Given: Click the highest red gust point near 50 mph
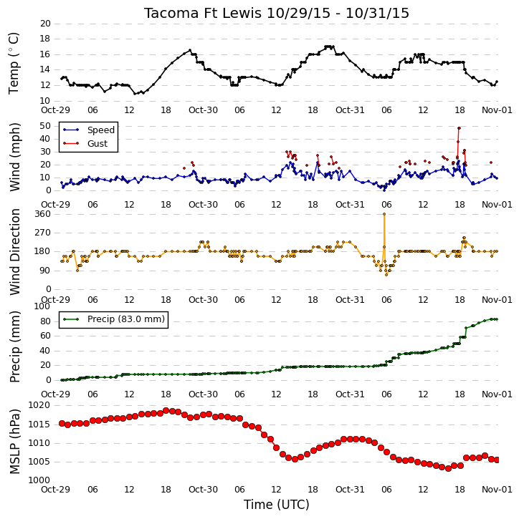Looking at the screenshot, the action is [x=459, y=128].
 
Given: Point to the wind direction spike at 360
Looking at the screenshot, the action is [x=384, y=214].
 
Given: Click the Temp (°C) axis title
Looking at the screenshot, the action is [x=14, y=63].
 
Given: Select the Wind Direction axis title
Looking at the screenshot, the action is [x=14, y=251].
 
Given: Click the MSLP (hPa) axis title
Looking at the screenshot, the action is [x=14, y=442].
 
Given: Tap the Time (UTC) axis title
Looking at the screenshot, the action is [x=277, y=505].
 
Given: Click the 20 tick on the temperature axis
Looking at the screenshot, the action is [x=45, y=24].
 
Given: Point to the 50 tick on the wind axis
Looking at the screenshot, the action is [x=45, y=126].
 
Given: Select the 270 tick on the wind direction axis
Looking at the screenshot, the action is [x=43, y=233].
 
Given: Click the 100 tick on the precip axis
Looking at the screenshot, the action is [x=42, y=306].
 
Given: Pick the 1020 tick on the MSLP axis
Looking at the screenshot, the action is [x=39, y=405].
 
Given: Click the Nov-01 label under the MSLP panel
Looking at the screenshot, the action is [x=497, y=489].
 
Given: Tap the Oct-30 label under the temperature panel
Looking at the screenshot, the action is [x=203, y=110].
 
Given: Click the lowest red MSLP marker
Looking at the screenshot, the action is [x=448, y=468].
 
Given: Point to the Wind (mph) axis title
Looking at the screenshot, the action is [x=14, y=157].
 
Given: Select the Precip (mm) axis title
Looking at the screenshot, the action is [x=14, y=347].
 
